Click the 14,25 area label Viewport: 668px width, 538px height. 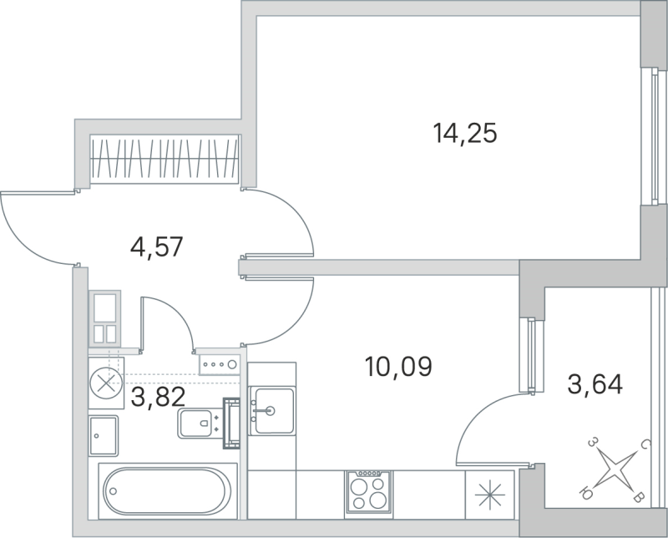(465, 133)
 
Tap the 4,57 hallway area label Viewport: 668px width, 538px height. (156, 247)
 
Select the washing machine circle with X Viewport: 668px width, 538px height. (105, 383)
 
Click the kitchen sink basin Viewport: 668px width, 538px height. (273, 410)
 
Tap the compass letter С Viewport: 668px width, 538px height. (645, 447)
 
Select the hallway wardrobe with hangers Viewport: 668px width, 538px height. (166, 157)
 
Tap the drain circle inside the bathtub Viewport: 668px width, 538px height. (113, 491)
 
